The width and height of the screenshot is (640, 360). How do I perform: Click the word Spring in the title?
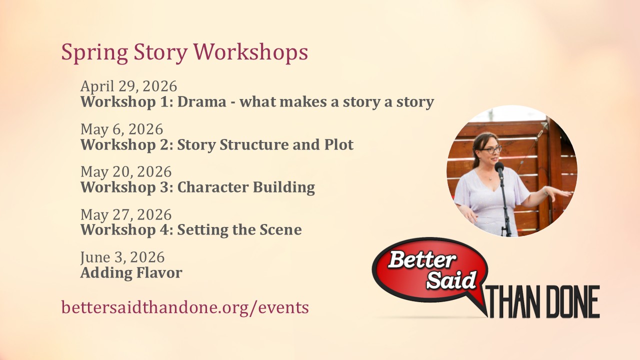click(x=94, y=53)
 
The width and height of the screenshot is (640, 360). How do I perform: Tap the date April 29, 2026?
click(x=129, y=86)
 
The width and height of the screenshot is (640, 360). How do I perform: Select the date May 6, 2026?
click(x=121, y=129)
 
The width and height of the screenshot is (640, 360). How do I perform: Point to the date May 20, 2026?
click(x=126, y=171)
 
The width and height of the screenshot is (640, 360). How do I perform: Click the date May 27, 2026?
click(x=126, y=214)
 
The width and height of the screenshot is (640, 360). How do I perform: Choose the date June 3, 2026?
click(x=122, y=257)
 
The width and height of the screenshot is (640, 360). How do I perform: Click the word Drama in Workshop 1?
click(x=201, y=101)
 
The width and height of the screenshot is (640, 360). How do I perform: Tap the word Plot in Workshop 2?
click(x=339, y=144)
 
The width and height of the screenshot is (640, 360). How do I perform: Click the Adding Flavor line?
click(x=131, y=272)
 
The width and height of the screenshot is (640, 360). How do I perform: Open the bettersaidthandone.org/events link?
click(x=185, y=307)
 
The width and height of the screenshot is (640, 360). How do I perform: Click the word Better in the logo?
click(x=422, y=259)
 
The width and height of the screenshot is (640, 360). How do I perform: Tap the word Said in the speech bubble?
click(x=451, y=279)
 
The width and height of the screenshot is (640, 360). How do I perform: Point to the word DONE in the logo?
click(x=573, y=301)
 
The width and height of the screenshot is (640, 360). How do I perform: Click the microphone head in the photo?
click(x=499, y=167)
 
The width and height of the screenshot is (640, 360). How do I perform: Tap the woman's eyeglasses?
click(x=491, y=149)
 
